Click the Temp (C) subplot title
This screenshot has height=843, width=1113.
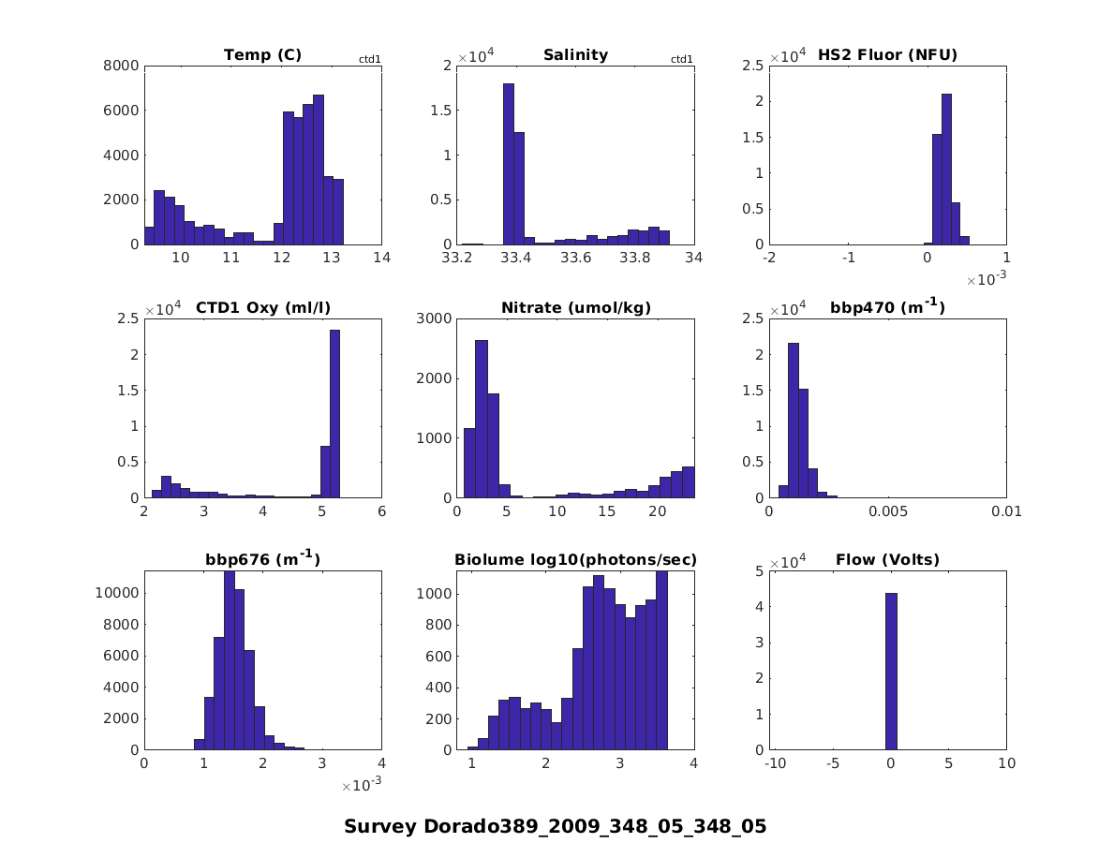coord(262,55)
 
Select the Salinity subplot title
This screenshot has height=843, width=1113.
coord(575,55)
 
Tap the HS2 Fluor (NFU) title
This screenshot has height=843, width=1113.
coord(887,55)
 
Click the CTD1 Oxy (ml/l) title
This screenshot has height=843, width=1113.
coord(262,308)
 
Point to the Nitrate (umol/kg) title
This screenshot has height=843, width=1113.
coord(575,308)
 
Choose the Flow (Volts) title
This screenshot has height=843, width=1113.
coord(887,560)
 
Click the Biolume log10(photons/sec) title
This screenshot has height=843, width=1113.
coord(575,560)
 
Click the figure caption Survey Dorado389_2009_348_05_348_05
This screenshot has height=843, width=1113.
coord(555,826)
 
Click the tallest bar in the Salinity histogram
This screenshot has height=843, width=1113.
coord(509,164)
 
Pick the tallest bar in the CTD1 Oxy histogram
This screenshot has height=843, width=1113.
coord(334,413)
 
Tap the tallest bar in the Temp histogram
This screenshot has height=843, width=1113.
coord(319,169)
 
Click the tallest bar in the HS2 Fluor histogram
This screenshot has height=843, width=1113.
coord(946,169)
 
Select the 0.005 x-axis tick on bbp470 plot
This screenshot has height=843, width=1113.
coord(888,511)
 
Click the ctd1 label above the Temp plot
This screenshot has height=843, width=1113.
coord(370,60)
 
